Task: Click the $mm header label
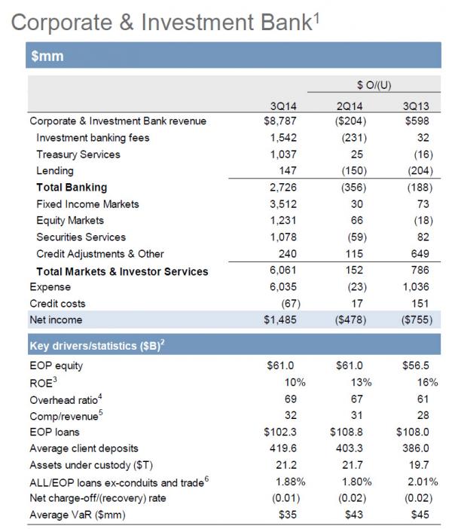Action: (x=47, y=56)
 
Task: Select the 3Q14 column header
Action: (x=283, y=106)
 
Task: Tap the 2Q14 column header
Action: (x=350, y=106)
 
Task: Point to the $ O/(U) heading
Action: (x=374, y=84)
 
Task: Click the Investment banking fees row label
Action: (x=93, y=138)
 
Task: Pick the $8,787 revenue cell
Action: (x=280, y=121)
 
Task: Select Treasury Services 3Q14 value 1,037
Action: (x=283, y=154)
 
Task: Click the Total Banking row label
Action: (x=72, y=187)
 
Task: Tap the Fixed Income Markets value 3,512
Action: (x=283, y=204)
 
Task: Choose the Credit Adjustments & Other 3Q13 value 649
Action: (x=420, y=254)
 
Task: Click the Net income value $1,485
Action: (x=280, y=320)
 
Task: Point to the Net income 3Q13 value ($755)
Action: (x=417, y=320)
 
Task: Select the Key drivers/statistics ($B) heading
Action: (x=97, y=345)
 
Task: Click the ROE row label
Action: (x=43, y=383)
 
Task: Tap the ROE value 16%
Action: (x=428, y=382)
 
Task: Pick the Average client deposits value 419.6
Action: (x=283, y=448)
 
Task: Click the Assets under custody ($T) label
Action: (x=91, y=465)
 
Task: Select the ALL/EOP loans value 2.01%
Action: (x=423, y=482)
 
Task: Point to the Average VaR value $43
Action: (x=354, y=515)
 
